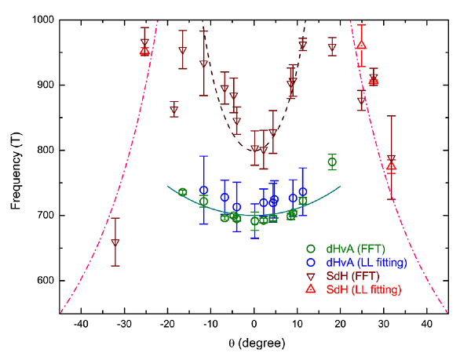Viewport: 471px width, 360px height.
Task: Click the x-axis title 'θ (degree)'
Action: click(254, 343)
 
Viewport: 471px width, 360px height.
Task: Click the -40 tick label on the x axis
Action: click(81, 324)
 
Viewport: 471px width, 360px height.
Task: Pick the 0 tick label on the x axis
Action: click(254, 324)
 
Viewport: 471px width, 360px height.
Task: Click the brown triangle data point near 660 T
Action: click(115, 242)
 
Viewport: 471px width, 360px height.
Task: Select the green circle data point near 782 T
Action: click(332, 162)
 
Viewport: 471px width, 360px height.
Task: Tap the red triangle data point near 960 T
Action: click(361, 44)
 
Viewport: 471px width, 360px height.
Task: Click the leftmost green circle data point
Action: click(183, 192)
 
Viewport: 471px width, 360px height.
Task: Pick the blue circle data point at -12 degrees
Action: click(203, 190)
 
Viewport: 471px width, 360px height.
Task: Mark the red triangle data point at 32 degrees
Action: click(392, 165)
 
